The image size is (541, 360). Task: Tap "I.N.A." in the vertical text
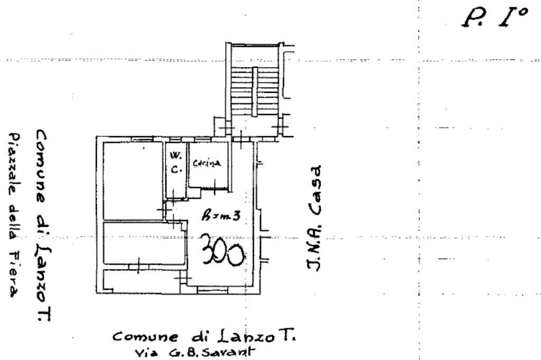click(x=315, y=250)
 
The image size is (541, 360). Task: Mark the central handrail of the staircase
click(x=254, y=92)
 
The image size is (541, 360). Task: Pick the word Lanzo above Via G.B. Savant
click(x=245, y=336)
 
